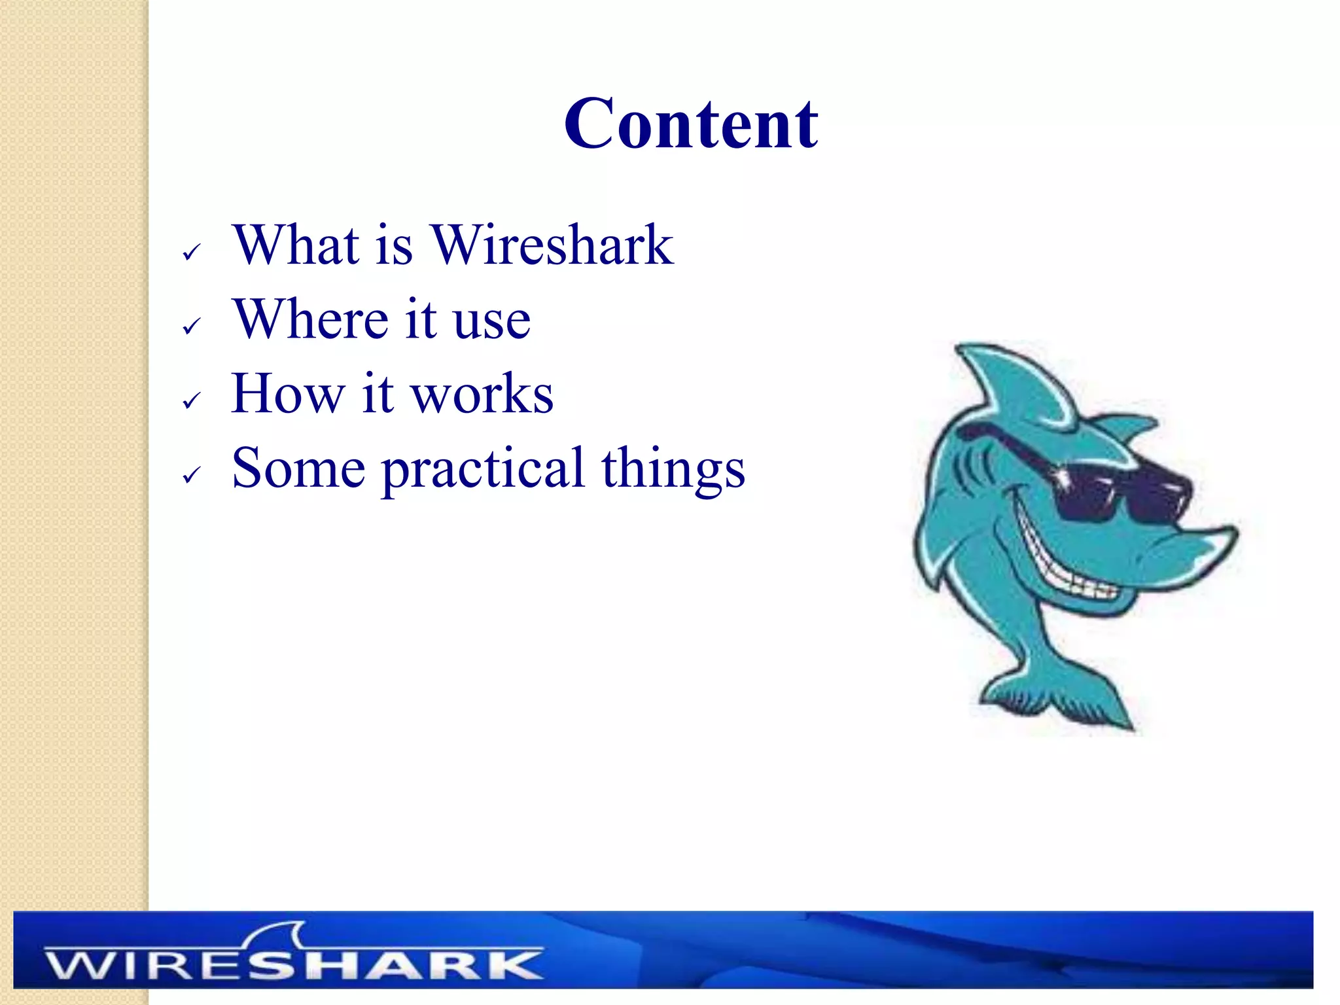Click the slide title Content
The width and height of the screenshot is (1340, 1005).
pos(690,124)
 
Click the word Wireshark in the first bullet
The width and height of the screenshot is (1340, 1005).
pos(552,245)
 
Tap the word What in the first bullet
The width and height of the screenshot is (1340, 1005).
pos(296,245)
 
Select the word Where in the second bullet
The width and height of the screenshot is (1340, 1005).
pos(311,319)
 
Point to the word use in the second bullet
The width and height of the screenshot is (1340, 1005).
pos(492,323)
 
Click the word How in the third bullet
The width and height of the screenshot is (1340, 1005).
pos(287,394)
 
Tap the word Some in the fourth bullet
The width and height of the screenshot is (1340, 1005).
pos(298,468)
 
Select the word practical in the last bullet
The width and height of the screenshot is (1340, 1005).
pos(483,470)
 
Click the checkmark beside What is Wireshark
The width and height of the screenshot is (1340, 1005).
pos(191,252)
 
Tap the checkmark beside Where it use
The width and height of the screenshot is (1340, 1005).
pos(191,326)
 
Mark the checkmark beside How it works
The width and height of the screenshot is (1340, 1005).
pos(191,400)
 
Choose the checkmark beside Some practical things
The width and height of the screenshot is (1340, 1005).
pos(191,475)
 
